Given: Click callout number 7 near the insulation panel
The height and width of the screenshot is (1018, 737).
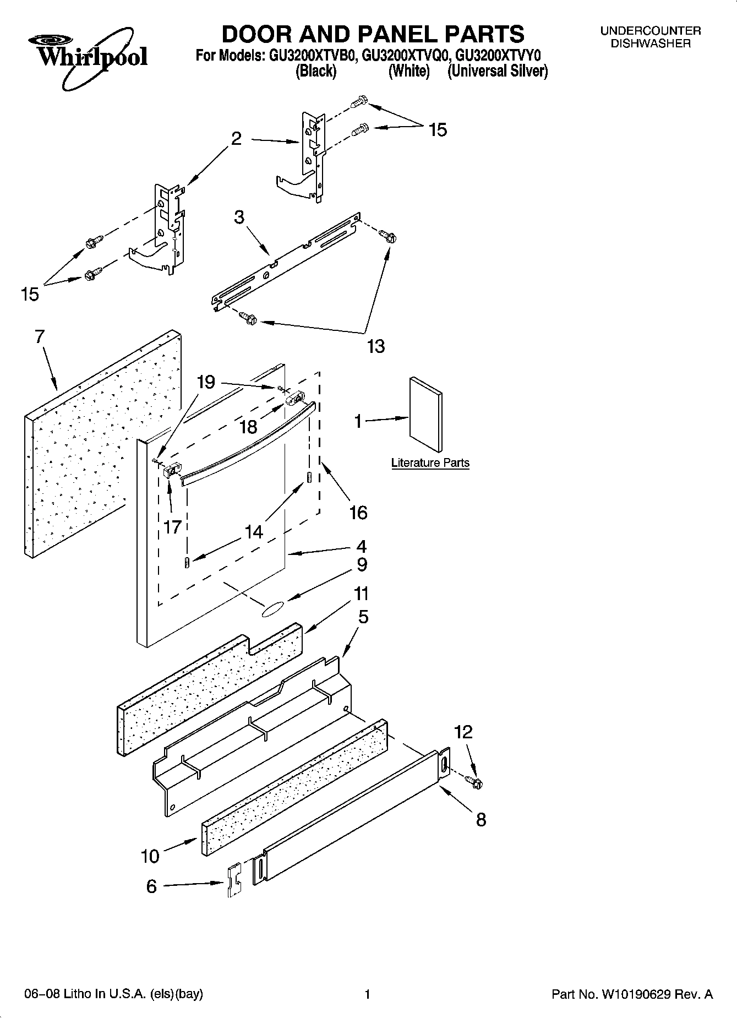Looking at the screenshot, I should [x=39, y=336].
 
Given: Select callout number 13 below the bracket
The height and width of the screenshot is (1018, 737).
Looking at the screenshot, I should [x=376, y=346].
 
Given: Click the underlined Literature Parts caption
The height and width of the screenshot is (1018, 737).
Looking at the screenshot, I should [x=430, y=463].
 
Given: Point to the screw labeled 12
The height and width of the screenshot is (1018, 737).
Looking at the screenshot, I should [x=473, y=780].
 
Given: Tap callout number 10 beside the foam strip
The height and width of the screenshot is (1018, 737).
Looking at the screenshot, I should [x=149, y=856].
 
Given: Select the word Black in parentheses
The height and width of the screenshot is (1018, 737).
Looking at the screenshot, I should [x=316, y=72].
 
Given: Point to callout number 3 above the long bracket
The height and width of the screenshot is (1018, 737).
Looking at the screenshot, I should [x=239, y=217].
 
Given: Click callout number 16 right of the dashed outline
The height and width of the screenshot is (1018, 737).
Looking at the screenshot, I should [x=358, y=513].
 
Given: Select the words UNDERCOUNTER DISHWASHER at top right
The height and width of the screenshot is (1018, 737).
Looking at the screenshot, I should [x=650, y=37].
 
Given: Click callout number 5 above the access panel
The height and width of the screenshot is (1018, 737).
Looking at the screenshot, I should [x=363, y=617].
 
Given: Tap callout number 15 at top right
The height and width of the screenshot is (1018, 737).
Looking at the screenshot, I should [x=438, y=130].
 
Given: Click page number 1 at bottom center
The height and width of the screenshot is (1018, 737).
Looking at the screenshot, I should [x=367, y=994].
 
